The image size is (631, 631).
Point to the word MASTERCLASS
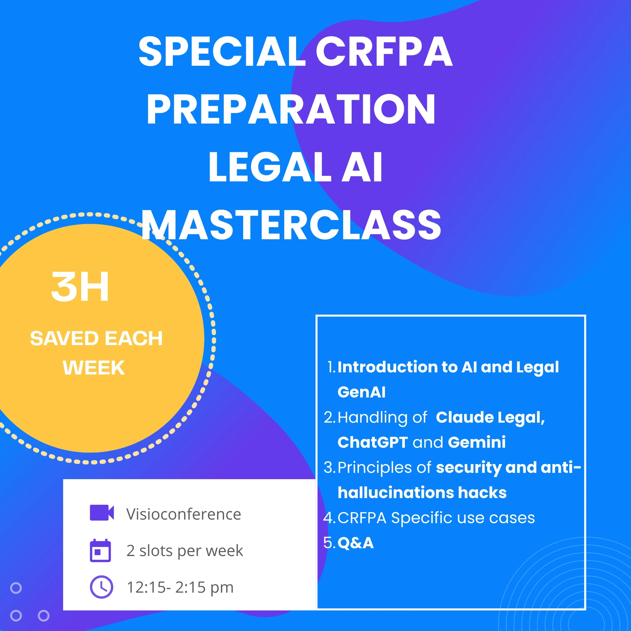[x=291, y=225]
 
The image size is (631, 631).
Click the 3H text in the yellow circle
[x=80, y=287]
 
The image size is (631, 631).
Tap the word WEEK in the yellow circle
[x=94, y=368]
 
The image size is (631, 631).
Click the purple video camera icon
[x=102, y=513]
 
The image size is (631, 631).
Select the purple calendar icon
[x=100, y=550]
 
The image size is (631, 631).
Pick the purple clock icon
[x=101, y=587]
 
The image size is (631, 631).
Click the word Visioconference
[x=183, y=514]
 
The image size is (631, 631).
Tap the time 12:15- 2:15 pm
[x=180, y=587]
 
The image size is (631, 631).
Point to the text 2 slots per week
[x=185, y=551]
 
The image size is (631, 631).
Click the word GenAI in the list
[x=361, y=392]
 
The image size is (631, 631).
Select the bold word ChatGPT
[x=373, y=442]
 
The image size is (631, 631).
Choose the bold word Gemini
[x=477, y=442]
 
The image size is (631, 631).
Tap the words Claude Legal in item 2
[x=490, y=417]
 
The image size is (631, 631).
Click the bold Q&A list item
[x=355, y=543]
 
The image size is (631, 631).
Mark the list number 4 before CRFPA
[x=329, y=518]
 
